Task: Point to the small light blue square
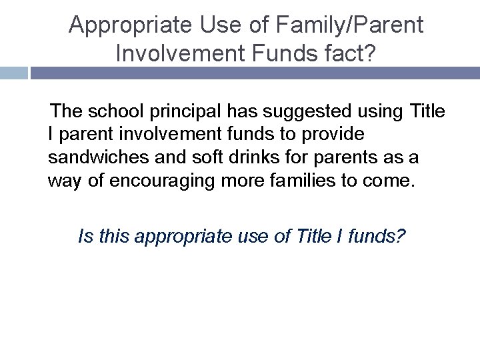pos(13,73)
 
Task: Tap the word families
pos(321,181)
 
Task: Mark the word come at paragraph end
pos(391,181)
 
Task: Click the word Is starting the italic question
pos(85,237)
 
